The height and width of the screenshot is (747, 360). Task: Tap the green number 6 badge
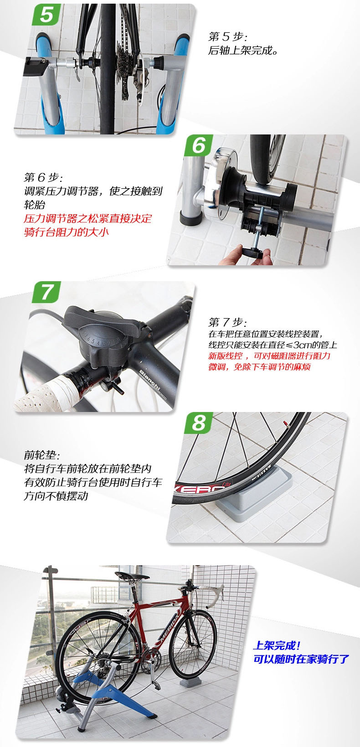point(199,145)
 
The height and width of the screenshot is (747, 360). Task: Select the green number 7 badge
point(47,292)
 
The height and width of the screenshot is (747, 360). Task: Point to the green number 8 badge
point(199,422)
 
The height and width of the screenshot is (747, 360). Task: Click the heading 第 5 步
point(228,36)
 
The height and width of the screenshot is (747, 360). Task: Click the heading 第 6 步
point(43,177)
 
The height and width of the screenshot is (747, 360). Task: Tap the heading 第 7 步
point(228,322)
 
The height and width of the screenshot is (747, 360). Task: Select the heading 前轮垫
point(42,454)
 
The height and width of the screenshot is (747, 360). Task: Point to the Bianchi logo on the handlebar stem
point(149,380)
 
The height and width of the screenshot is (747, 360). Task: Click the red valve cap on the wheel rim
point(285,424)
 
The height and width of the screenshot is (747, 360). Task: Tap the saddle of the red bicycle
point(132,576)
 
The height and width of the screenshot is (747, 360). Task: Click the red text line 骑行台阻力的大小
point(67,232)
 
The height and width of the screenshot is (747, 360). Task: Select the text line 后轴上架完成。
point(243,50)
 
